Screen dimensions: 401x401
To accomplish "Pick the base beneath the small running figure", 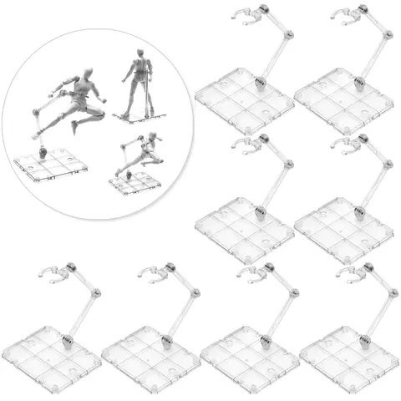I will tap(134, 183).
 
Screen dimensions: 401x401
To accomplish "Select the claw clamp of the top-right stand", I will tap(343, 14).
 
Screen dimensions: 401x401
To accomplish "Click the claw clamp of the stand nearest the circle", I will tap(244, 14).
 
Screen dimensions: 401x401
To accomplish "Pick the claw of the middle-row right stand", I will tap(343, 144).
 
